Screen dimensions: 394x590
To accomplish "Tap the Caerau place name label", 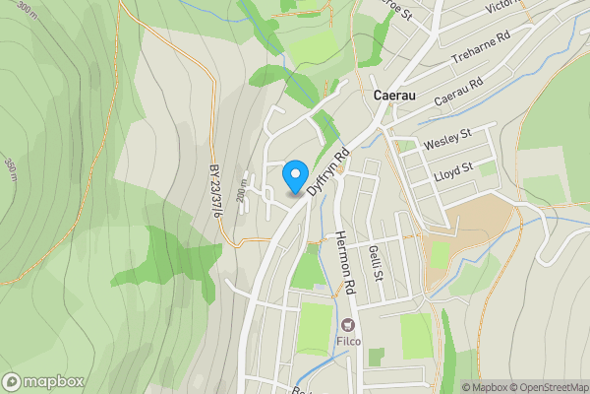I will click(397, 96).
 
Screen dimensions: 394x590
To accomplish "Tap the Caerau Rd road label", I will click(459, 96).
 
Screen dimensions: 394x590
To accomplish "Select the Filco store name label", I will click(349, 342).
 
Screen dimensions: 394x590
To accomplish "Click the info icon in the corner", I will click(467, 387).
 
